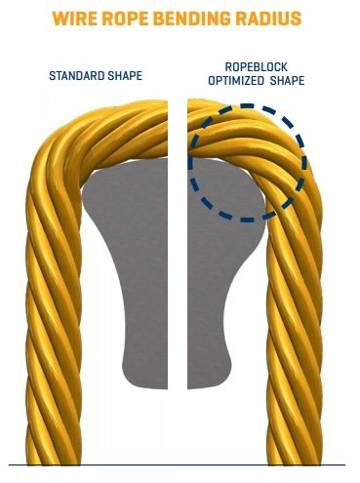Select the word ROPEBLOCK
(257, 67)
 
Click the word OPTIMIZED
(236, 80)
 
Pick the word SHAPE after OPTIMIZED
(287, 80)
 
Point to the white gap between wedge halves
(178, 244)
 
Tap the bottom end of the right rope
(296, 463)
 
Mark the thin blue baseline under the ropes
(177, 465)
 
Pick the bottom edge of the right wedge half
(208, 386)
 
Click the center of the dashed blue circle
(248, 163)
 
